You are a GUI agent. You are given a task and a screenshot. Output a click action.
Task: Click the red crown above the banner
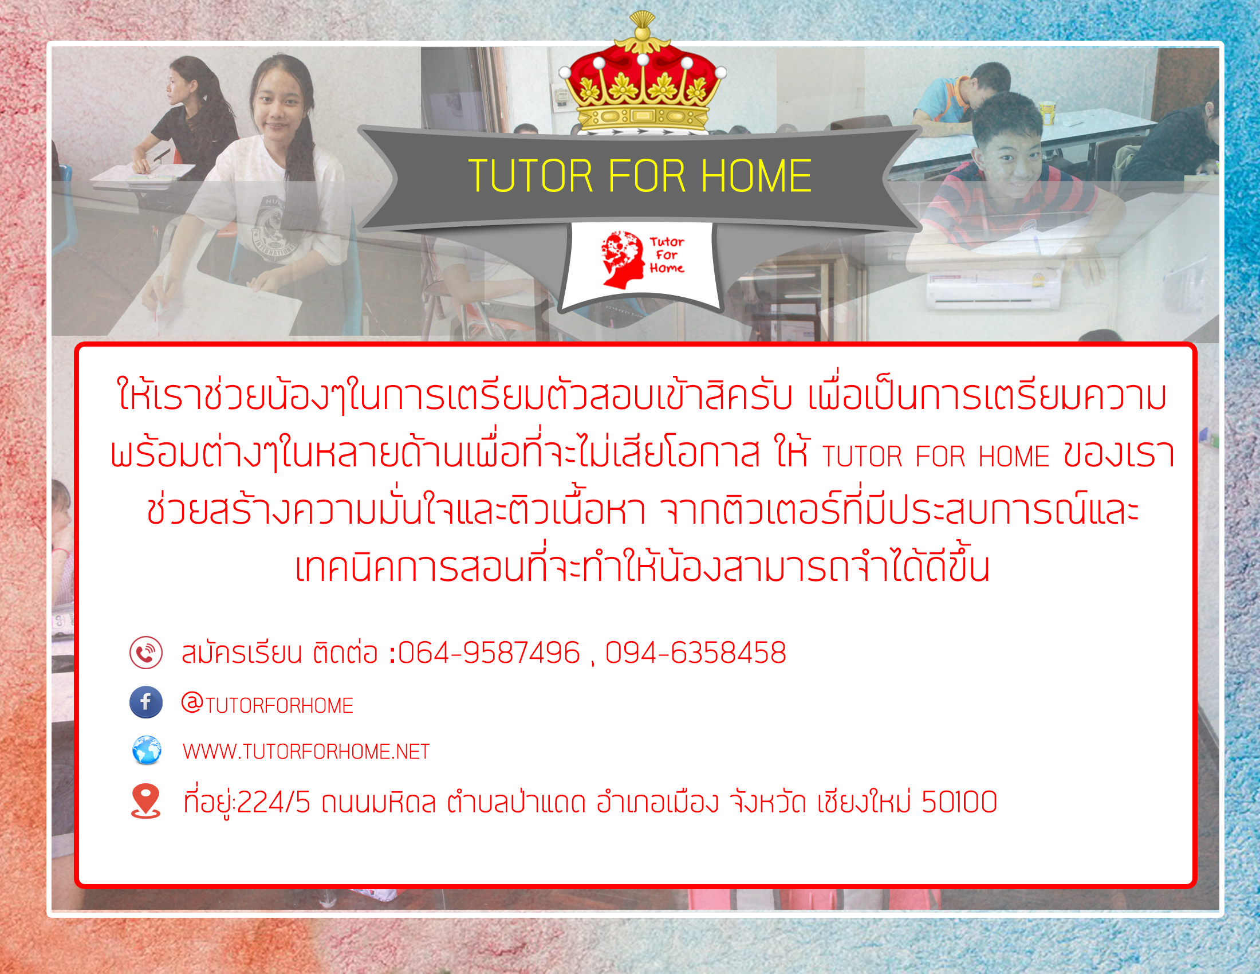[642, 75]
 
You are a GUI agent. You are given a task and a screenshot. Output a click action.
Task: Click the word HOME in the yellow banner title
[757, 176]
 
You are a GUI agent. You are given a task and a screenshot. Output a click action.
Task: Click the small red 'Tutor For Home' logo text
[667, 255]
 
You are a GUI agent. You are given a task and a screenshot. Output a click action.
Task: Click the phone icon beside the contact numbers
[146, 653]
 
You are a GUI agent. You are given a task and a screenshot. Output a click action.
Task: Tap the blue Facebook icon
[146, 702]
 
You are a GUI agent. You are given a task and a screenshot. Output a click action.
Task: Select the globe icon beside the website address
[147, 750]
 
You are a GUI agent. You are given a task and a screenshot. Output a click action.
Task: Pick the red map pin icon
[145, 801]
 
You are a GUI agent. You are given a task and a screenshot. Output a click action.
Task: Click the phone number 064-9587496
[489, 653]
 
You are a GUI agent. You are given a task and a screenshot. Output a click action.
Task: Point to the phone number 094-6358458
[696, 653]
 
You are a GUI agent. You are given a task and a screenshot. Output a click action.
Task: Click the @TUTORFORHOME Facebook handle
[267, 704]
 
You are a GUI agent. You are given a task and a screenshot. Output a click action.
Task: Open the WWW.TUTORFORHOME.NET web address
[306, 752]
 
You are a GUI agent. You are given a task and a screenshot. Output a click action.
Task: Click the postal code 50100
[959, 802]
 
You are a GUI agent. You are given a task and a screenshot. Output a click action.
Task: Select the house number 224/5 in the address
[273, 802]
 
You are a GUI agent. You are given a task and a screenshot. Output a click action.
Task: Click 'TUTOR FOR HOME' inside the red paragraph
[936, 457]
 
